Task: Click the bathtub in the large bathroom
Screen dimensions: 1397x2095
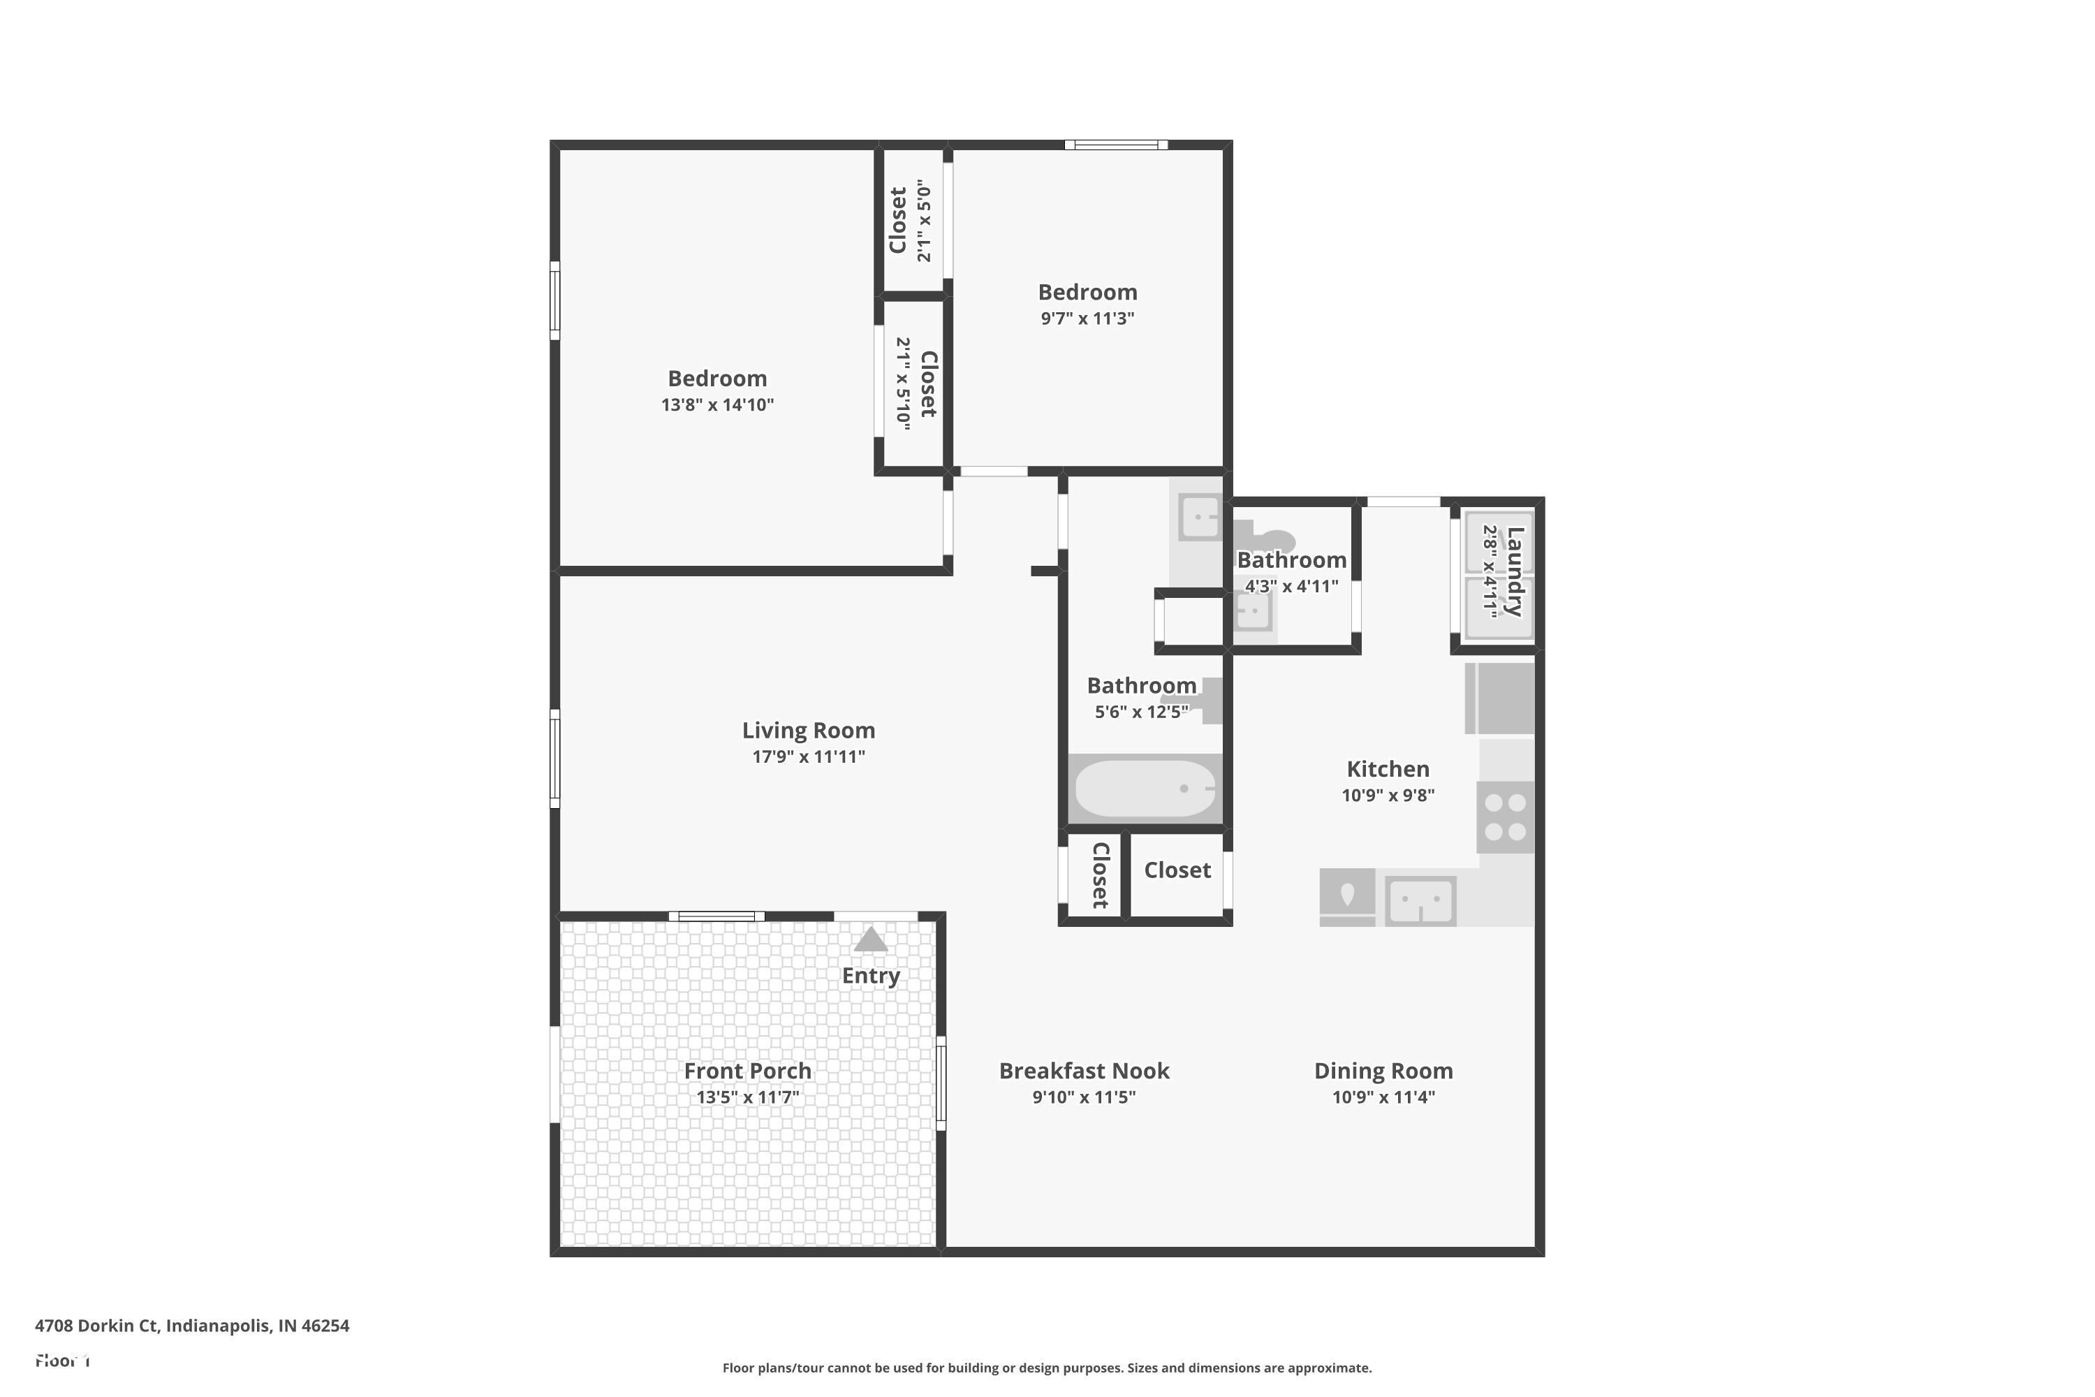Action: (1145, 789)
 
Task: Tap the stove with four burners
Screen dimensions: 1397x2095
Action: (1506, 817)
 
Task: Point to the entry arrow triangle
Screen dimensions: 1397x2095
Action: (870, 940)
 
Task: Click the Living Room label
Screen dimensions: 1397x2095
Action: (809, 731)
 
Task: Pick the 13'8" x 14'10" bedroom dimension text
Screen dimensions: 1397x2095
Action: (717, 405)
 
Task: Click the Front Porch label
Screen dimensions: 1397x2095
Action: (747, 1071)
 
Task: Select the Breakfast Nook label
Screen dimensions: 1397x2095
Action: (1084, 1071)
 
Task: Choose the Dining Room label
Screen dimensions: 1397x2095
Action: (1383, 1071)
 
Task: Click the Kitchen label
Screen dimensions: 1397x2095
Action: (1388, 769)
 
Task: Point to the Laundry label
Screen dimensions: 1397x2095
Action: (1514, 571)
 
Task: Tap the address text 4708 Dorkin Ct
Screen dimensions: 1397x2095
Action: (191, 1326)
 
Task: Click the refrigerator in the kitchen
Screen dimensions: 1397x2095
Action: (1500, 698)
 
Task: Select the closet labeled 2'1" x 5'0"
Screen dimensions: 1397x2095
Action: (911, 220)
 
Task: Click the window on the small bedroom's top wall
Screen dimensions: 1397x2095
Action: (1116, 145)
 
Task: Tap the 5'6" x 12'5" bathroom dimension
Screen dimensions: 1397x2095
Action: (1141, 712)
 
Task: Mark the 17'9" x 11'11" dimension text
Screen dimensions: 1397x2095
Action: (809, 757)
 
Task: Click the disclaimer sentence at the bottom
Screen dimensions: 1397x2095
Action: (1047, 1368)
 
